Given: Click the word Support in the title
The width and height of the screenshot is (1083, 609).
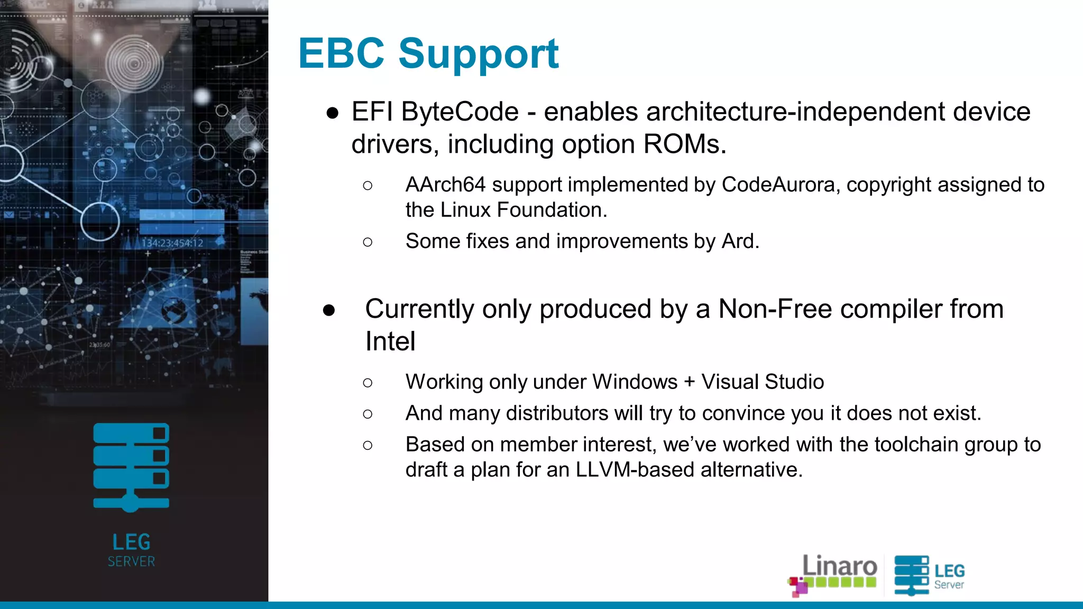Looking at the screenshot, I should tap(479, 54).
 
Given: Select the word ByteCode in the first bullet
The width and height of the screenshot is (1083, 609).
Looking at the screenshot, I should tap(460, 112).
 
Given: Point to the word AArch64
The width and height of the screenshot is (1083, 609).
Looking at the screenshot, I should tap(445, 185).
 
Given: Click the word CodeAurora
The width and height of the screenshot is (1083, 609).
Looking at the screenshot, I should tap(778, 185).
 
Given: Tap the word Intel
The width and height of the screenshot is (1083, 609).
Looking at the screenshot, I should tap(390, 342).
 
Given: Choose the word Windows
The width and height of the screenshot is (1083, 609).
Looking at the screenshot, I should tap(635, 382).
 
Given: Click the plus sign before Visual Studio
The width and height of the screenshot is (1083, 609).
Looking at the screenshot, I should tap(689, 382).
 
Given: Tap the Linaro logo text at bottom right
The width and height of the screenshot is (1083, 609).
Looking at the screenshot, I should tap(839, 566).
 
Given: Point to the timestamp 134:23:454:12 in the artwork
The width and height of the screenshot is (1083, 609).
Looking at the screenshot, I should tap(172, 243).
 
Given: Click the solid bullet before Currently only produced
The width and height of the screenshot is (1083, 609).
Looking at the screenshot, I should tap(329, 310).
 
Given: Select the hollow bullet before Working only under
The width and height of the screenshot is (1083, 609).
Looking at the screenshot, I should tap(368, 383).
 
